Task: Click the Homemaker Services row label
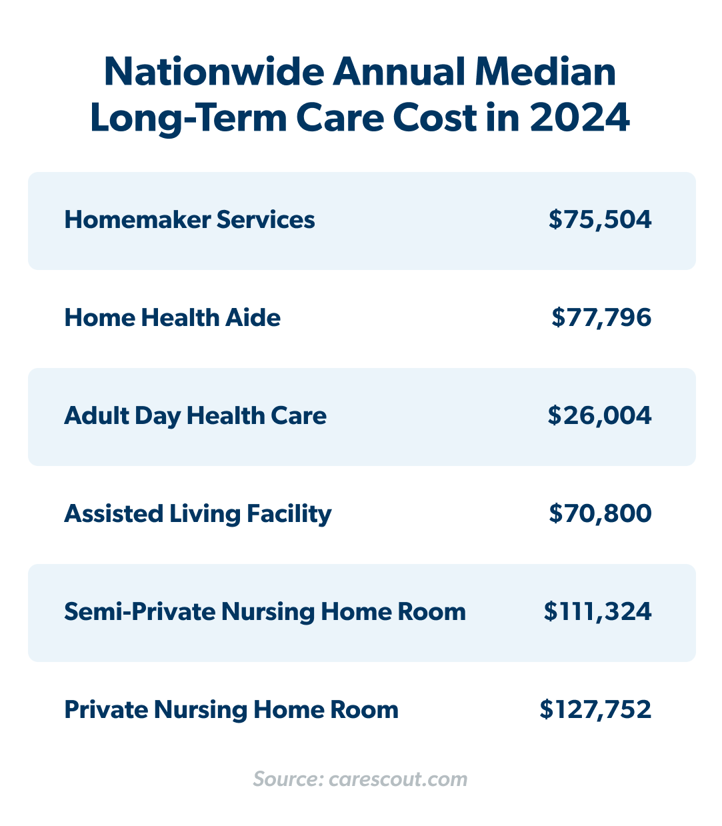pyautogui.click(x=189, y=220)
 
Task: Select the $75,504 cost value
pyautogui.click(x=600, y=220)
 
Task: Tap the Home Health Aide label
pyautogui.click(x=172, y=318)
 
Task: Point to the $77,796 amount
pyautogui.click(x=601, y=318)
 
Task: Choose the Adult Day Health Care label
pyautogui.click(x=195, y=416)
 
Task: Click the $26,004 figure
pyautogui.click(x=599, y=416)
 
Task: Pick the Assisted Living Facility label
pyautogui.click(x=197, y=514)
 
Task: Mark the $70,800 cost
pyautogui.click(x=600, y=514)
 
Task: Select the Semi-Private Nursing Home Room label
pyautogui.click(x=265, y=612)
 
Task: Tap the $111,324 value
pyautogui.click(x=597, y=612)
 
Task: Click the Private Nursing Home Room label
pyautogui.click(x=231, y=710)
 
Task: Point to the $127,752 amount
pyautogui.click(x=595, y=710)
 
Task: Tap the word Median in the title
pyautogui.click(x=545, y=72)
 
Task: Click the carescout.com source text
pyautogui.click(x=398, y=779)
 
